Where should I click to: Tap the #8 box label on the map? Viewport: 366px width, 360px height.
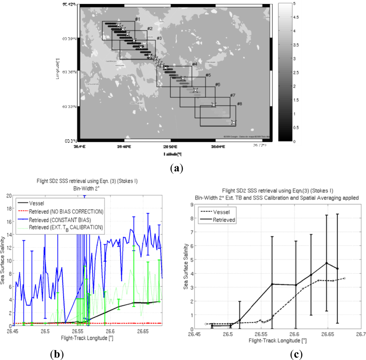(240, 104)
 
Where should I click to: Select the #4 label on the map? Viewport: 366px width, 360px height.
(194, 64)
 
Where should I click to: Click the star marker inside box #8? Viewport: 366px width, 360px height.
(233, 123)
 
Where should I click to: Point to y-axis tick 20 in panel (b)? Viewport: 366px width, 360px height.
(7, 195)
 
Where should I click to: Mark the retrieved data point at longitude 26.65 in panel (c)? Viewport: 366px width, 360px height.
(327, 263)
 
